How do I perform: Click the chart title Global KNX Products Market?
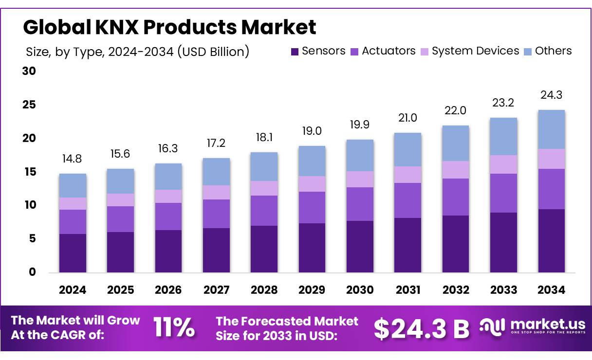point(169,27)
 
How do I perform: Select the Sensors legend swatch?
point(295,52)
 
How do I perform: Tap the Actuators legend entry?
point(383,51)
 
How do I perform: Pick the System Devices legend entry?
point(470,51)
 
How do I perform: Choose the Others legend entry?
point(547,51)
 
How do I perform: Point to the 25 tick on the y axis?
point(30,105)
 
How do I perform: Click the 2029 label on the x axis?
point(312,290)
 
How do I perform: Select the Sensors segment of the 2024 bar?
point(73,253)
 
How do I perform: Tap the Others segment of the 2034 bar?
point(551,129)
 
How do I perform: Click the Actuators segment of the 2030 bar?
point(360,204)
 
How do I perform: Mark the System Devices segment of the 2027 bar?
point(216,192)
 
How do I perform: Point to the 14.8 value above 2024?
point(73,159)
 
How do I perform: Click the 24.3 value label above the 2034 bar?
point(551,95)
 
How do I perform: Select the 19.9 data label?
point(360,125)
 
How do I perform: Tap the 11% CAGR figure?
point(174,328)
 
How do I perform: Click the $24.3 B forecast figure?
point(421,329)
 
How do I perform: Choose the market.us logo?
point(532,327)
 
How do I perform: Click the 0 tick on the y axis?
point(32,272)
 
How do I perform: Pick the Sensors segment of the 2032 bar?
point(456,244)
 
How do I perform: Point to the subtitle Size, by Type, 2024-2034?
point(137,52)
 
